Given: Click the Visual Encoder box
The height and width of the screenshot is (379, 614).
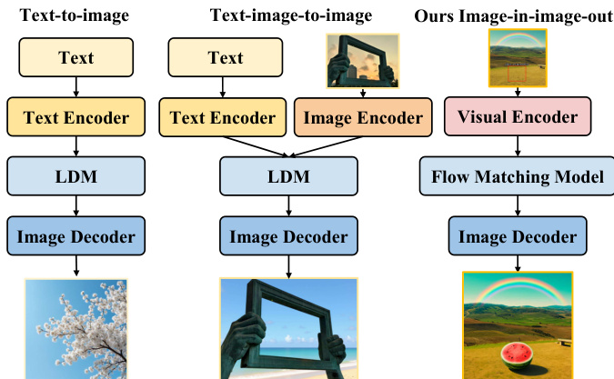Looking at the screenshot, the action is pyautogui.click(x=518, y=116).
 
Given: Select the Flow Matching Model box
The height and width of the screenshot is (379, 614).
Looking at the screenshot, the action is pyautogui.click(x=517, y=176).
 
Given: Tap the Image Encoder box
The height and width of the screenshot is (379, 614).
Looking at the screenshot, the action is pyautogui.click(x=363, y=117).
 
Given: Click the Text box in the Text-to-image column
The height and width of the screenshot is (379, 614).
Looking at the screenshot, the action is pyautogui.click(x=76, y=57).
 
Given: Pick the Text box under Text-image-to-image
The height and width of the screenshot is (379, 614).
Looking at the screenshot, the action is pyautogui.click(x=226, y=57).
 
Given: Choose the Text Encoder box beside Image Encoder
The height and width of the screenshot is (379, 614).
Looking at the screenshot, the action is pyautogui.click(x=223, y=117).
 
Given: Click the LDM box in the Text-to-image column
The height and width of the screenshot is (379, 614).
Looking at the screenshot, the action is pyautogui.click(x=76, y=176).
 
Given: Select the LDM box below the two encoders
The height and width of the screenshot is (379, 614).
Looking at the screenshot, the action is pyautogui.click(x=288, y=176).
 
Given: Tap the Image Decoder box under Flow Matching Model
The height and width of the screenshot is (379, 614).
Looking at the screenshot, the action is pyautogui.click(x=518, y=235).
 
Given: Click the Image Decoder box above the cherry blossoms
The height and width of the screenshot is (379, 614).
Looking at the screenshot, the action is pyautogui.click(x=76, y=235).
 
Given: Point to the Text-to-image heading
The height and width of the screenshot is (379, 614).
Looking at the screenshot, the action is pyautogui.click(x=75, y=15).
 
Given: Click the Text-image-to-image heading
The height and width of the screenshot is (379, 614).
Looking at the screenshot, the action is pyautogui.click(x=291, y=15).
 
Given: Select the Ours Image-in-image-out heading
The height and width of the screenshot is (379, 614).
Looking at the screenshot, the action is pyautogui.click(x=514, y=16).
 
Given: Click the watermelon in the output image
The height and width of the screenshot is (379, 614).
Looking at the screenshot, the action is pyautogui.click(x=518, y=355).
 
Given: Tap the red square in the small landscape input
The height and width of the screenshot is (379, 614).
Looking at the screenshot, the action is pyautogui.click(x=517, y=74).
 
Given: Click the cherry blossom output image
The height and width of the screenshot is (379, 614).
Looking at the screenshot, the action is pyautogui.click(x=76, y=328).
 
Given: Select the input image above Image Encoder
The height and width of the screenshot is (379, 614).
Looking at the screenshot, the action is pyautogui.click(x=363, y=61).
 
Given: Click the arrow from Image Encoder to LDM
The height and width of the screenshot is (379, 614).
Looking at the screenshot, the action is pyautogui.click(x=326, y=146).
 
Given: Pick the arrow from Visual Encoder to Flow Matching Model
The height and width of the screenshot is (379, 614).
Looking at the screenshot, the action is pyautogui.click(x=518, y=146).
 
